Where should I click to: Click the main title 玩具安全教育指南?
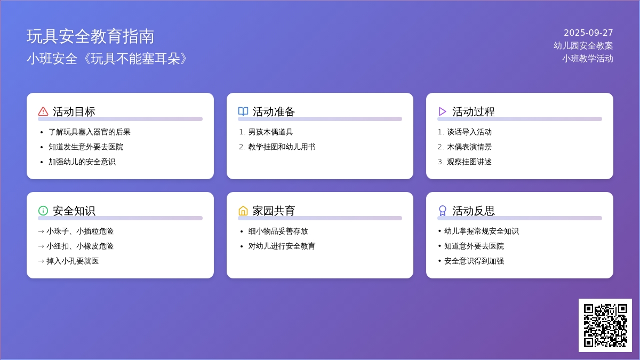coord(90,37)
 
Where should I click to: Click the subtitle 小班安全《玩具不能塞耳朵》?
coord(107,59)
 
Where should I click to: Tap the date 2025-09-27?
coord(588,33)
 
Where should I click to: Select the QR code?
coord(605,325)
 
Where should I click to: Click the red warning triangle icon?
coord(43,111)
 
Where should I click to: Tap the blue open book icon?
coord(243,111)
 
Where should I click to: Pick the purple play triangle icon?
coord(442,111)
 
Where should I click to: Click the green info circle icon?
coord(43,211)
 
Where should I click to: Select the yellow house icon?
coord(243,211)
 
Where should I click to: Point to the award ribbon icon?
coord(443,211)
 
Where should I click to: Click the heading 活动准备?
coord(274,111)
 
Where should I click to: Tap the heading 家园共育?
coord(274,211)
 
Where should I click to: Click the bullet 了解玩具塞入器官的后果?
coord(90,132)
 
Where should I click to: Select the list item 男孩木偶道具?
coord(270,132)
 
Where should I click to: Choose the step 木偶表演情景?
coord(469,147)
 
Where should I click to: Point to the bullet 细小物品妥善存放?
coord(278,231)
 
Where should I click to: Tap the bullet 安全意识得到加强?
coord(474,261)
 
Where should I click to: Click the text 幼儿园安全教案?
coord(583,46)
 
